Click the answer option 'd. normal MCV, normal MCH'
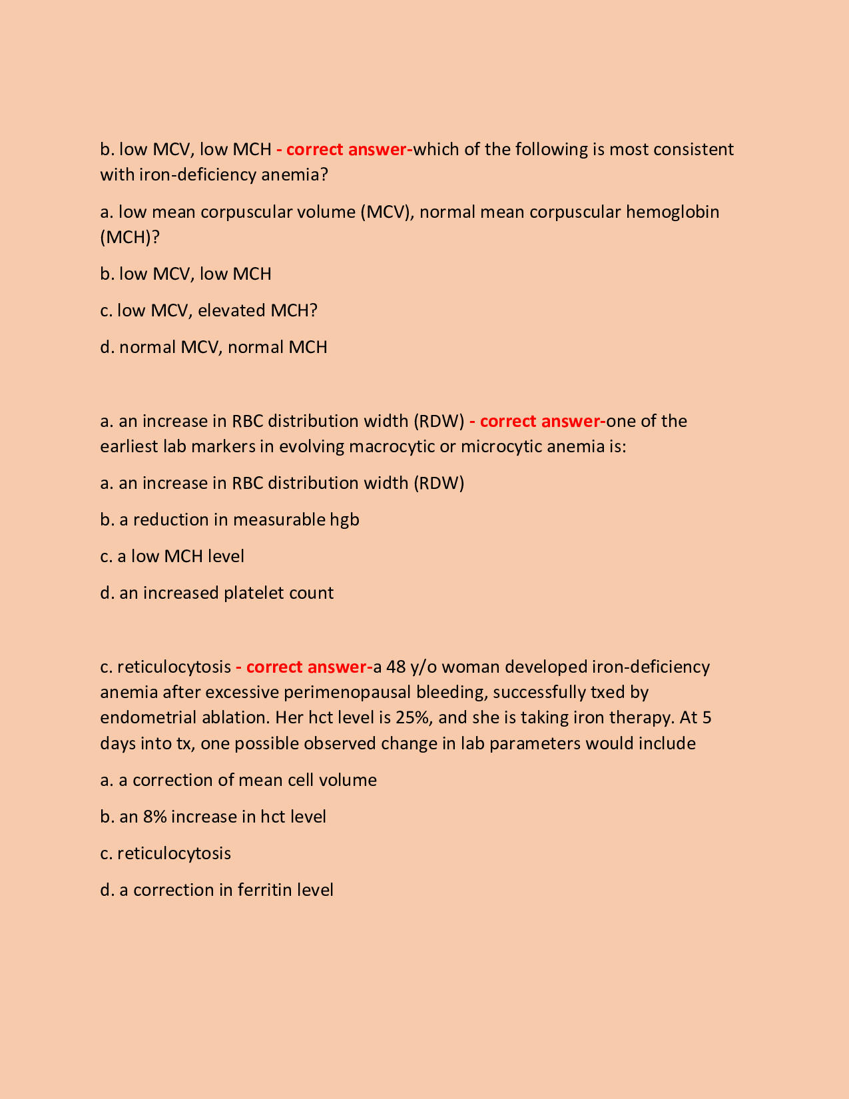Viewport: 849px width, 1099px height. (x=213, y=347)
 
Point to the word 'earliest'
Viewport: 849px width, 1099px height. (x=129, y=446)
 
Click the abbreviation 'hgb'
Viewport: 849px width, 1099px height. (x=344, y=520)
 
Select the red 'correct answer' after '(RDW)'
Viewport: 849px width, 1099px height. (x=541, y=421)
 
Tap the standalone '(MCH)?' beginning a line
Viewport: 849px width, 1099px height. (x=130, y=237)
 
